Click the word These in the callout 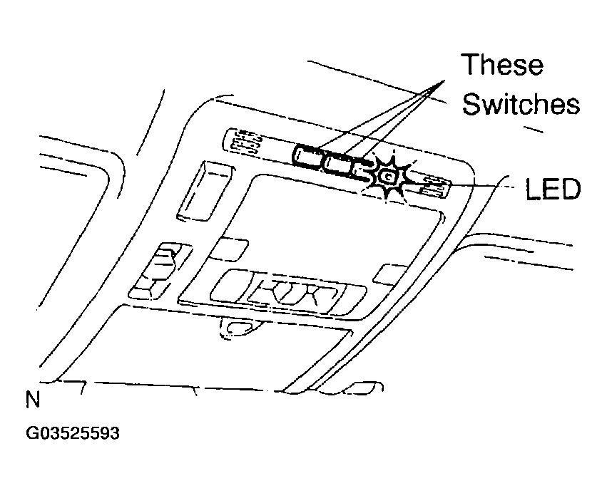click(502, 64)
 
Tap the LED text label click(553, 189)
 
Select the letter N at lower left click(33, 400)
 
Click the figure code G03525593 click(73, 433)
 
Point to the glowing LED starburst click(388, 177)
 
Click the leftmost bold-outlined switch click(307, 157)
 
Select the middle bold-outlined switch click(337, 165)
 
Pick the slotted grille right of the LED click(434, 186)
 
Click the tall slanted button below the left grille click(205, 191)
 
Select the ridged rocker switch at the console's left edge click(159, 271)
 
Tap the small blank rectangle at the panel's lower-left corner click(229, 249)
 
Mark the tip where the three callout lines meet click(444, 81)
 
